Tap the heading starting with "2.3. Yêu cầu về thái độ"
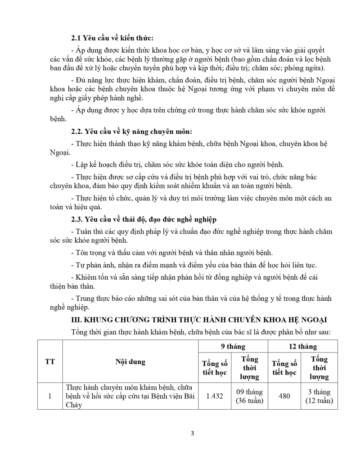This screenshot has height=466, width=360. click(144, 219)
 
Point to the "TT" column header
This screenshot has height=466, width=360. click(49, 362)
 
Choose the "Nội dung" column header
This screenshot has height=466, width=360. click(130, 362)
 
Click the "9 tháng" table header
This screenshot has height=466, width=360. click(233, 346)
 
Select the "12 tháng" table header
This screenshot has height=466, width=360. click(302, 346)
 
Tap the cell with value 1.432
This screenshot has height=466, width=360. click(215, 396)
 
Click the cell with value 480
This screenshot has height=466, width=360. click(284, 396)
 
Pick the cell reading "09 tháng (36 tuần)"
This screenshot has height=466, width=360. click(249, 396)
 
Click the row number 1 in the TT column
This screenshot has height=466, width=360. click(49, 396)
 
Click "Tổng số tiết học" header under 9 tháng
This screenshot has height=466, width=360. click(215, 368)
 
